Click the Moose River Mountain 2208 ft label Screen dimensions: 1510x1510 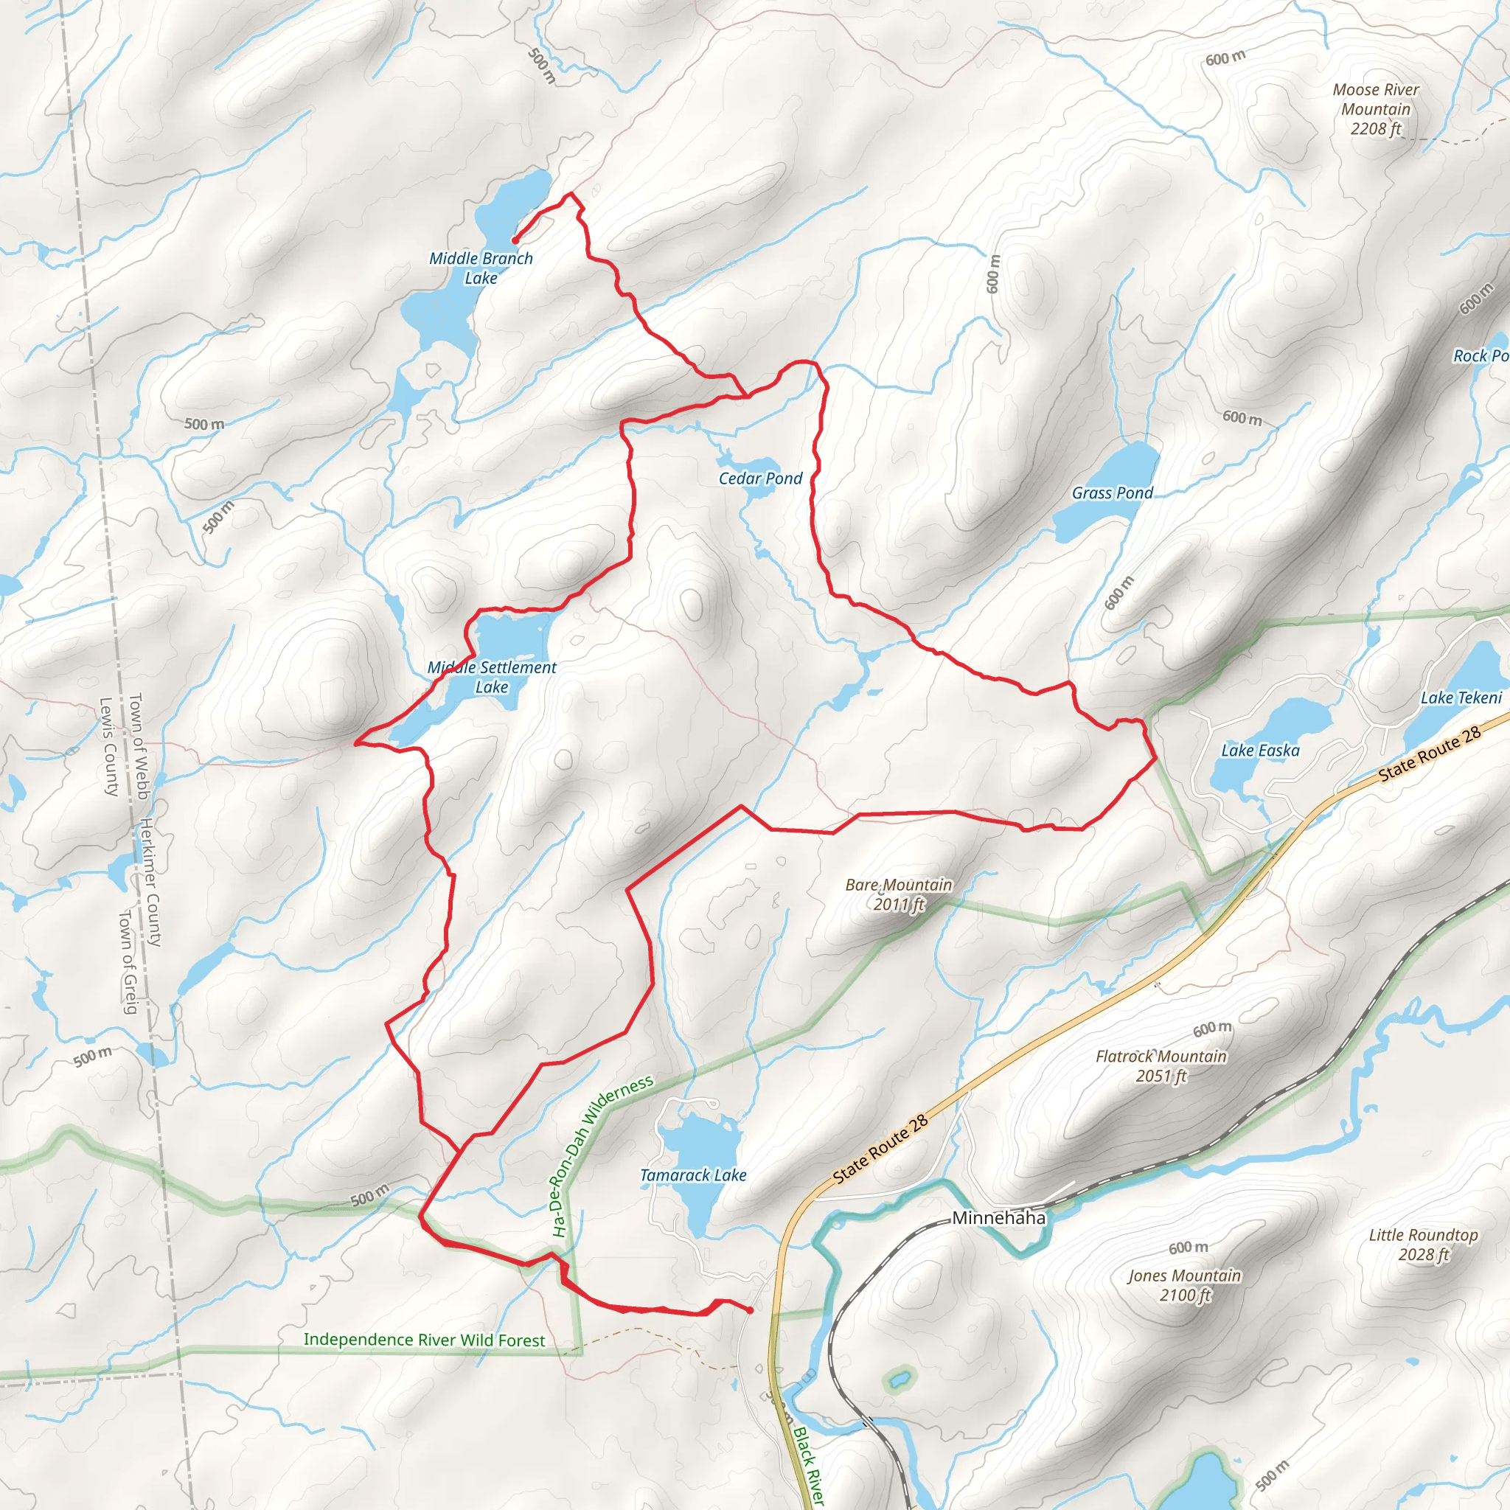[x=1376, y=109]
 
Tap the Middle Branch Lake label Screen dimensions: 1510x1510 [x=481, y=268]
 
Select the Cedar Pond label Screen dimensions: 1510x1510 [x=760, y=479]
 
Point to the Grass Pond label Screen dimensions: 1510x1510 [x=1112, y=493]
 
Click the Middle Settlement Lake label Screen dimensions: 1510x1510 [x=492, y=677]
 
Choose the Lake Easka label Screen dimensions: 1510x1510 [x=1260, y=751]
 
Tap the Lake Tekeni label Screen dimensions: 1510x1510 [x=1461, y=698]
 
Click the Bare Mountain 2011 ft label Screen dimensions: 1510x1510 [x=899, y=894]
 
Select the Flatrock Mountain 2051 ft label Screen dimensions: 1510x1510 [x=1161, y=1066]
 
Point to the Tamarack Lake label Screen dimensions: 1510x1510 [x=693, y=1175]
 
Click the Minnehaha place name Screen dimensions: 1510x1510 [x=998, y=1217]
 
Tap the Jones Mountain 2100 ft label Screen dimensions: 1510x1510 [x=1184, y=1285]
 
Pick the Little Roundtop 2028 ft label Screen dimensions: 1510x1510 [x=1423, y=1245]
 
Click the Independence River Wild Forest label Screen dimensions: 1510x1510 [x=425, y=1340]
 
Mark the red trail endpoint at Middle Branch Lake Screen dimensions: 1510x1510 [x=515, y=240]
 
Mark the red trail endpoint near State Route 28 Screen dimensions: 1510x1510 [x=751, y=1310]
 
